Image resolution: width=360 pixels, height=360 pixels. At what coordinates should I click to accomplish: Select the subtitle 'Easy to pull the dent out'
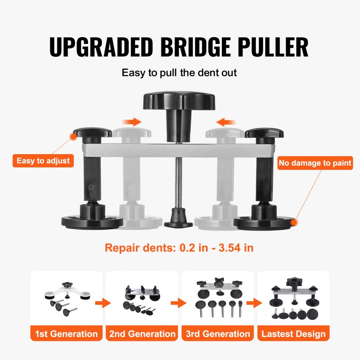pos(179,73)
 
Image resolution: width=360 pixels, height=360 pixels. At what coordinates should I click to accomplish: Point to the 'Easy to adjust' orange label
pos(43,161)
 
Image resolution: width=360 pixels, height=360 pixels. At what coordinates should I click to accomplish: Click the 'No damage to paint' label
pos(315,163)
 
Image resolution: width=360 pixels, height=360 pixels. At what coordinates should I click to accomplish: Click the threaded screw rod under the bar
pos(178,184)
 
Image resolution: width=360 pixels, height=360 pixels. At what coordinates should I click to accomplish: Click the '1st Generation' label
pos(66,334)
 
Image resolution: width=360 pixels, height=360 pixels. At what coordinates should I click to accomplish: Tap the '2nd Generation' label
pos(142,334)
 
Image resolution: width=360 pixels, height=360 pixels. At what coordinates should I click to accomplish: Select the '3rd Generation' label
pos(218,334)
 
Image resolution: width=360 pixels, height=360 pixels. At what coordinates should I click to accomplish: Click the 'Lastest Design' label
pos(293,334)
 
